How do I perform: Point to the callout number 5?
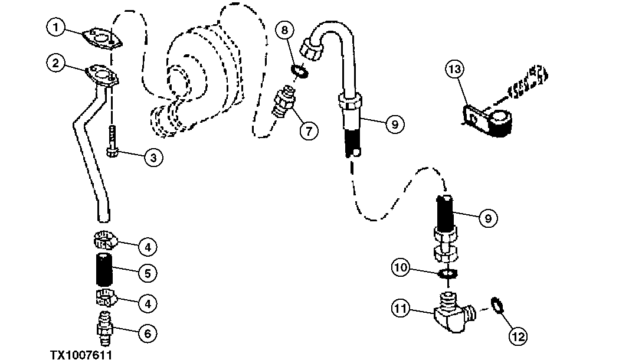(x=147, y=273)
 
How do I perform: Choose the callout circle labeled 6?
(x=147, y=333)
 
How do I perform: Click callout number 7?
(x=309, y=129)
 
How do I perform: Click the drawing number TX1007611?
(x=81, y=354)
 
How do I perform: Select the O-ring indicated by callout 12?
(x=498, y=307)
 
